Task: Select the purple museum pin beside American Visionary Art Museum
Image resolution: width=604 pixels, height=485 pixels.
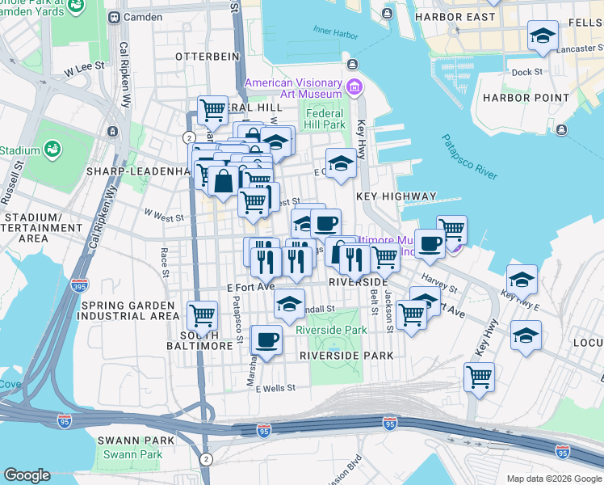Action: pyautogui.click(x=353, y=86)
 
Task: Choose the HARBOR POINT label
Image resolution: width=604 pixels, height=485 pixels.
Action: pyautogui.click(x=515, y=98)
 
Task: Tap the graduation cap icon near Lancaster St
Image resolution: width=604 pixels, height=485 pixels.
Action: pyautogui.click(x=542, y=36)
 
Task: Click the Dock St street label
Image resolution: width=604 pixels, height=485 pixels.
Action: pyautogui.click(x=526, y=72)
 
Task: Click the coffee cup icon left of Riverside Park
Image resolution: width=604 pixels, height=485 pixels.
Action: pyautogui.click(x=266, y=339)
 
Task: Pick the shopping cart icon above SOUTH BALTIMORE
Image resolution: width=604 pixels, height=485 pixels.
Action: pyautogui.click(x=202, y=314)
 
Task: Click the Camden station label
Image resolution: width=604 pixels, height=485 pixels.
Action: pyautogui.click(x=143, y=16)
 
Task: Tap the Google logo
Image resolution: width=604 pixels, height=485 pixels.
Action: pyautogui.click(x=27, y=475)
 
